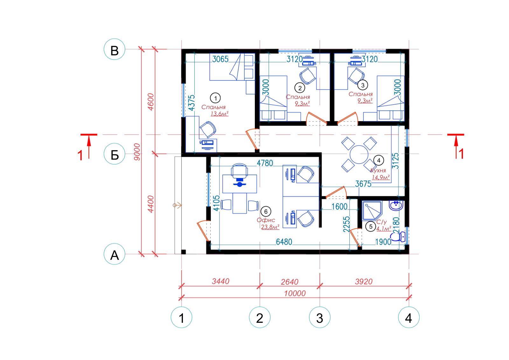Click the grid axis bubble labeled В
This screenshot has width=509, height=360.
pyautogui.click(x=114, y=49)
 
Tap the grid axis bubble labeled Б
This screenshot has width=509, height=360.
pyautogui.click(x=114, y=154)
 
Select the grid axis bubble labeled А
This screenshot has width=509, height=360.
pyautogui.click(x=114, y=254)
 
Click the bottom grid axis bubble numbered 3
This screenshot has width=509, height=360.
pyautogui.click(x=320, y=317)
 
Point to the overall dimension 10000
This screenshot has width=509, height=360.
pyautogui.click(x=295, y=294)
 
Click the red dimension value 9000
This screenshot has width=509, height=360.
pyautogui.click(x=137, y=152)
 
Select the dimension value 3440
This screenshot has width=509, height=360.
pyautogui.click(x=221, y=281)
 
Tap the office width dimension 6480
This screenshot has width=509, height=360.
pyautogui.click(x=284, y=242)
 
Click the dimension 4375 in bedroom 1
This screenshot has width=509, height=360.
pyautogui.click(x=192, y=103)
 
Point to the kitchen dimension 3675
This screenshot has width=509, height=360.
pyautogui.click(x=363, y=184)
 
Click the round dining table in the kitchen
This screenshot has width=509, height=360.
pyautogui.click(x=359, y=155)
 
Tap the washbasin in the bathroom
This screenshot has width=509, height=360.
pyautogui.click(x=396, y=205)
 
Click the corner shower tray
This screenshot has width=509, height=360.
pyautogui.click(x=372, y=211)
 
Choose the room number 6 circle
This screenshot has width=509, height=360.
pyautogui.click(x=266, y=211)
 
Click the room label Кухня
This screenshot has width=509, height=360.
pyautogui.click(x=378, y=170)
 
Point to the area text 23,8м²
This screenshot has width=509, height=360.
pyautogui.click(x=270, y=227)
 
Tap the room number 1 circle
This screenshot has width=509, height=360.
pyautogui.click(x=215, y=98)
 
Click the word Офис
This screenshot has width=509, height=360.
pyautogui.click(x=266, y=220)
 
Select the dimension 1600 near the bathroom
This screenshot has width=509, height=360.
pyautogui.click(x=339, y=207)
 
